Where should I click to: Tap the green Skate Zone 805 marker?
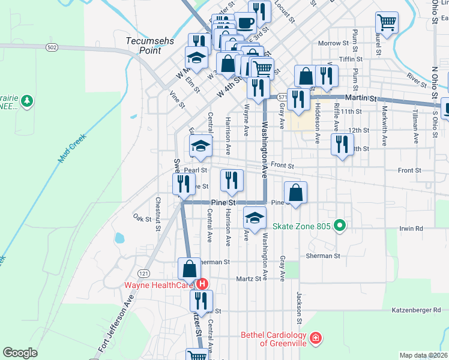click(x=340, y=226)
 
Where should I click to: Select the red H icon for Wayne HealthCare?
click(x=202, y=284)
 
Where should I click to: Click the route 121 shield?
click(x=143, y=273)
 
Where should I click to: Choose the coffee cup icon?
click(x=245, y=23)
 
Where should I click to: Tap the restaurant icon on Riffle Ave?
click(x=342, y=144)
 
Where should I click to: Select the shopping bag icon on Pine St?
click(x=295, y=192)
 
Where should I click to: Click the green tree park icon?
click(x=26, y=102)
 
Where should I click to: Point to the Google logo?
click(x=20, y=353)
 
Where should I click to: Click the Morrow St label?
click(x=333, y=43)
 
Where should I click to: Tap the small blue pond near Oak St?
click(x=119, y=238)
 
